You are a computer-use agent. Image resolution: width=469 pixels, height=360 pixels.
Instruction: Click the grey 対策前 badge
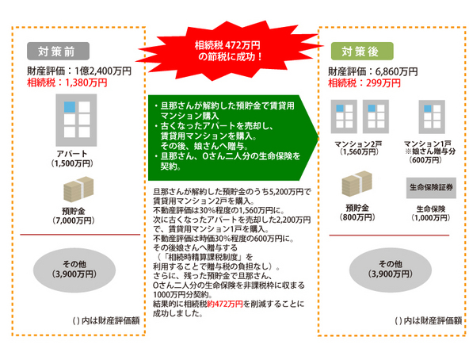point(58,52)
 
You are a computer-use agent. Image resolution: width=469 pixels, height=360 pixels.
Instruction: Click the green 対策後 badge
point(362,52)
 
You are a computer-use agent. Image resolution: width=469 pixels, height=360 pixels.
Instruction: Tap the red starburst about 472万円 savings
point(229,50)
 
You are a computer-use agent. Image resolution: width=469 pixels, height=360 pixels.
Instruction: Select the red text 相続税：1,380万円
point(67,82)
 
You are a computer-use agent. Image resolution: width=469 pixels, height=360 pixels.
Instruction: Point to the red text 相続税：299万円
point(364,83)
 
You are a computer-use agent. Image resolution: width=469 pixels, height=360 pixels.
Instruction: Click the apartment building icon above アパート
point(76,120)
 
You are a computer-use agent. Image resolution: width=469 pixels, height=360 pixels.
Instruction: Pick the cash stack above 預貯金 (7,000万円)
point(78,189)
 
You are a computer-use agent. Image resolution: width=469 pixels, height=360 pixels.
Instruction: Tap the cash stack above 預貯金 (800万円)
point(357,184)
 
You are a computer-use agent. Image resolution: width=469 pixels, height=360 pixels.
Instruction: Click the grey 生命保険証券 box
point(431,188)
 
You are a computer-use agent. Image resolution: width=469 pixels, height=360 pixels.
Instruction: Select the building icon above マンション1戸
point(432,117)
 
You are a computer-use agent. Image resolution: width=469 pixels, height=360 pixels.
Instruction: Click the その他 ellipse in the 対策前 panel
point(74,270)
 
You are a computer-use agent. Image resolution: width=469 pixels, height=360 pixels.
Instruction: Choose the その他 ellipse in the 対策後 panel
point(391,270)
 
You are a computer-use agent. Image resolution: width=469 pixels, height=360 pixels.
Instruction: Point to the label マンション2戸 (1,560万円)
point(358,148)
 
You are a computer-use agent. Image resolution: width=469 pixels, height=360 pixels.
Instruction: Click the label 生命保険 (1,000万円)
point(431,213)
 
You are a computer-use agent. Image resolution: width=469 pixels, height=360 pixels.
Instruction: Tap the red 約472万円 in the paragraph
point(224,304)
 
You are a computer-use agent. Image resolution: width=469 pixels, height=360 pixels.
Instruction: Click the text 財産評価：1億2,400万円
point(79,71)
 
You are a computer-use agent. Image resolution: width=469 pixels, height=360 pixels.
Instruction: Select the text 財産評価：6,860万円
point(373,71)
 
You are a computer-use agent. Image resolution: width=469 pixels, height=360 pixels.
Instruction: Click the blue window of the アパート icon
point(70,107)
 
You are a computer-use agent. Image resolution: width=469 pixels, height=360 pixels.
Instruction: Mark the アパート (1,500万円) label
point(72,159)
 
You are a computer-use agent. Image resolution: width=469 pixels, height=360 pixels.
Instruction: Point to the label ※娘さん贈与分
point(430,151)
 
